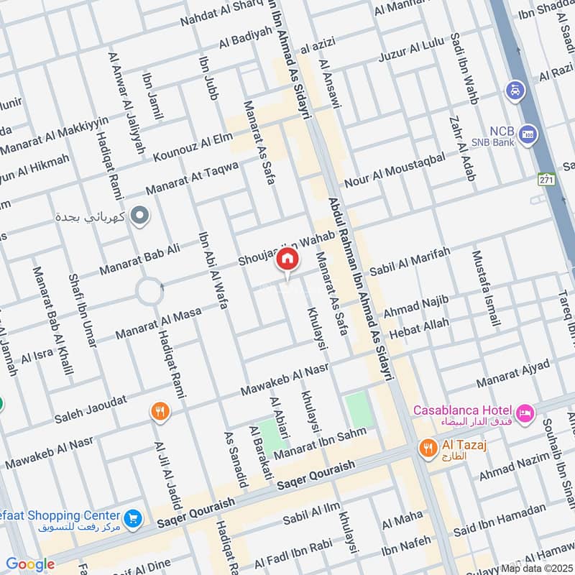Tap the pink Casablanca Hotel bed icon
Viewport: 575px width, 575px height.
pos(525,413)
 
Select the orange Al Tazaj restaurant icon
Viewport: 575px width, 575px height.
pos(428,447)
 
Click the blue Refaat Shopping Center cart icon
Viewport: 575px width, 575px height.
pos(132,517)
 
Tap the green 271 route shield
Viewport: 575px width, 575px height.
pos(546,178)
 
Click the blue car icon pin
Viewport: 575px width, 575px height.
pos(515,91)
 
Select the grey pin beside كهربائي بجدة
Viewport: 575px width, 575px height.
pos(141,215)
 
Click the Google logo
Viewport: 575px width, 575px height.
pos(30,563)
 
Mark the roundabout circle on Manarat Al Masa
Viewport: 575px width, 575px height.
pos(151,292)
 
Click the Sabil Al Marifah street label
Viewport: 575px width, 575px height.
pos(410,262)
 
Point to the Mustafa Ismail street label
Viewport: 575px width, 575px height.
pos(486,287)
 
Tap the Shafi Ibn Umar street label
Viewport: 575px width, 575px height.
pos(81,311)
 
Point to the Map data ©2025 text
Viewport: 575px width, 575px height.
pos(537,568)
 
